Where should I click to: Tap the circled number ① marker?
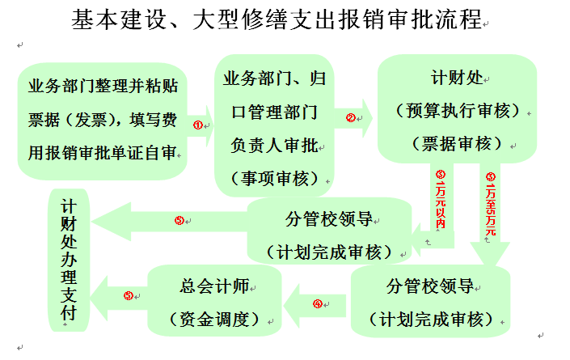pyautogui.click(x=197, y=125)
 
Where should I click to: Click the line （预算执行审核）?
pyautogui.click(x=458, y=111)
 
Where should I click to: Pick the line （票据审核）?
pyautogui.click(x=458, y=143)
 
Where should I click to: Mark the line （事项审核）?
pyautogui.click(x=274, y=177)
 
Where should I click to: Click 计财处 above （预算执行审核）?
pyautogui.click(x=458, y=79)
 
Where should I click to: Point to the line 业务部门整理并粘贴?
pyautogui.click(x=103, y=87)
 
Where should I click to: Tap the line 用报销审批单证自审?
pyautogui.click(x=103, y=152)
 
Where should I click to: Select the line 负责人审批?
pyautogui.click(x=274, y=145)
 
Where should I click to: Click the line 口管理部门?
pyautogui.click(x=274, y=112)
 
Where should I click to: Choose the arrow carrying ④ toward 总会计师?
pyautogui.click(x=319, y=304)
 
